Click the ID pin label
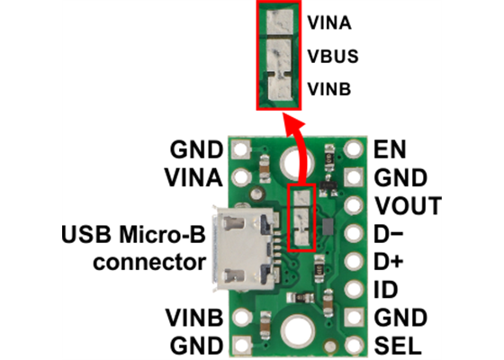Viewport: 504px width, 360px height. [382, 291]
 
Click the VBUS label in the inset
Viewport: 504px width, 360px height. [333, 56]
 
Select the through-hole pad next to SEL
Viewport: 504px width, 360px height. [355, 346]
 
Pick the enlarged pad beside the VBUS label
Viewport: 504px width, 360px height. [280, 54]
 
